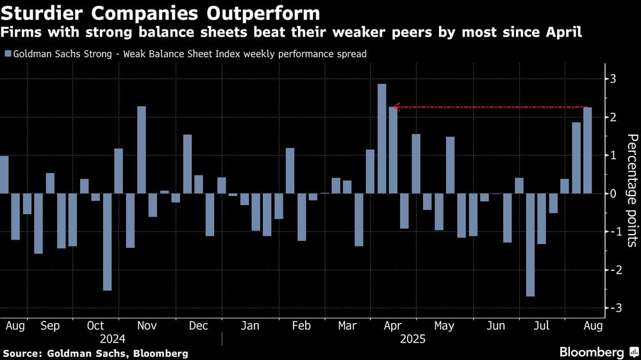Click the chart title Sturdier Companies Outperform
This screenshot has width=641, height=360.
pos(161,13)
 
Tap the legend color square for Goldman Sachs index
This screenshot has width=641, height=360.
pos(7,54)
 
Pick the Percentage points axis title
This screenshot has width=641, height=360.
pos(631,191)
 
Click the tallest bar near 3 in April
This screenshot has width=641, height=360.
pos(382,138)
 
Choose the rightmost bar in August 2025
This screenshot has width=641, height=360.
pos(587,150)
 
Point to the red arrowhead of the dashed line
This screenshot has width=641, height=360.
pos(395,107)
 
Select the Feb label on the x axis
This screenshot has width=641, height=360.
pos(301,326)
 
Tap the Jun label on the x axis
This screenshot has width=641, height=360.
pos(495,326)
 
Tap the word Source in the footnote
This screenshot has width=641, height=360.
pos(21,353)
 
